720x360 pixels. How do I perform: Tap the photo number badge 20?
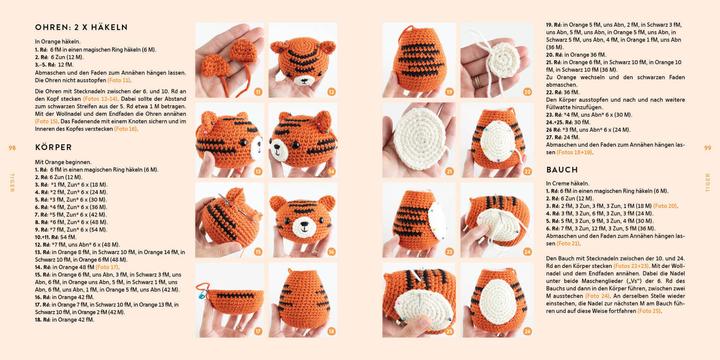[x=527, y=92]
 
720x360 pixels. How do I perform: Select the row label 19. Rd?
[x=554, y=24]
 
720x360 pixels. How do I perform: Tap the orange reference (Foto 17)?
[x=108, y=267]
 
